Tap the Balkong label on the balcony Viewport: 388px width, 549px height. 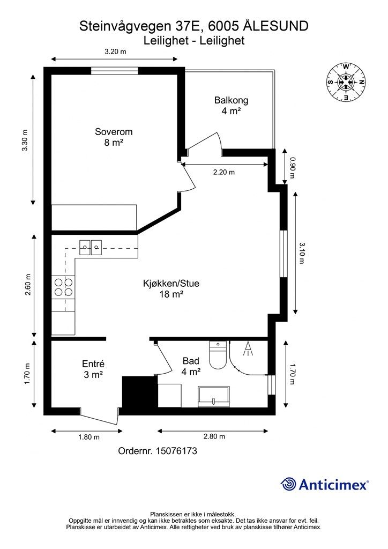[x=232, y=100]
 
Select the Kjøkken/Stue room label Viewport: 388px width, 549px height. [x=171, y=283]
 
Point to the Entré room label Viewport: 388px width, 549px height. [x=93, y=364]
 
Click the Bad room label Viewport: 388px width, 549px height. [x=191, y=361]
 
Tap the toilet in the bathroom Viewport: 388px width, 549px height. [x=218, y=355]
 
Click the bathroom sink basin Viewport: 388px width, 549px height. [x=214, y=397]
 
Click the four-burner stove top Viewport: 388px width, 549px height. [x=63, y=287]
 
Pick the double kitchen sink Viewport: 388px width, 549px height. [x=91, y=248]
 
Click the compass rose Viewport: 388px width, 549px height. [x=346, y=82]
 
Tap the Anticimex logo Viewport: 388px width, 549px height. [x=325, y=484]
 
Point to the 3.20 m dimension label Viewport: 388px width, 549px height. [x=115, y=52]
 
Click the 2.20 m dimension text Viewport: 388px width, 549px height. [x=224, y=172]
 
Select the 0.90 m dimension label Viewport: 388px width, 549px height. [x=293, y=167]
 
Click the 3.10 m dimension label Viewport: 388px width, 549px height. [x=302, y=253]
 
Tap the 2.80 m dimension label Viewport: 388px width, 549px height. [x=214, y=436]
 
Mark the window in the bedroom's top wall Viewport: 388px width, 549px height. [x=115, y=71]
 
